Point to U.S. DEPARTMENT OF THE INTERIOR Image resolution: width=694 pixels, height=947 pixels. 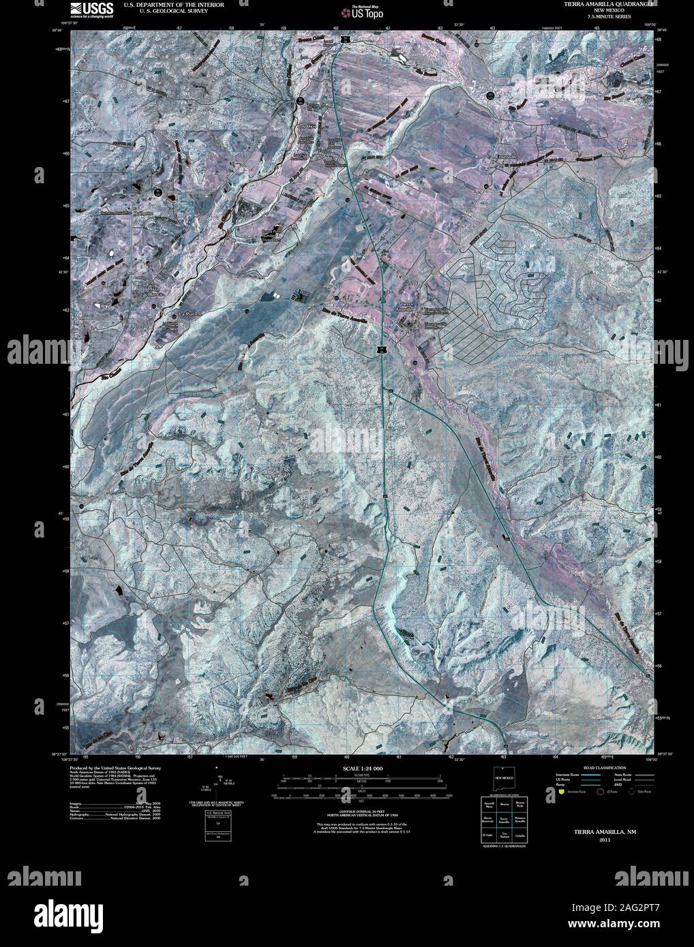173,4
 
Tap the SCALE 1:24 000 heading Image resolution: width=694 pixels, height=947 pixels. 361,769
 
